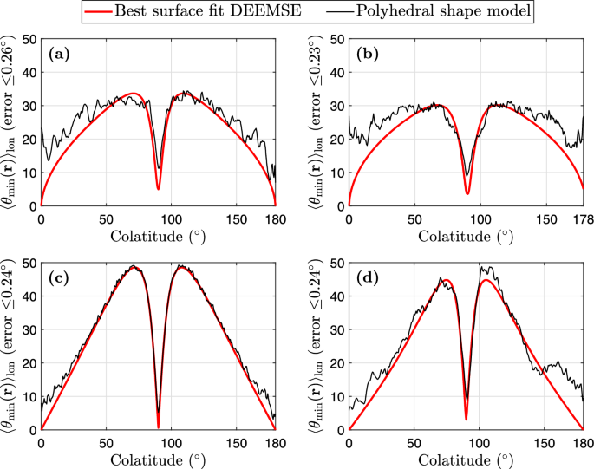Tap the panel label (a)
pos(60,54)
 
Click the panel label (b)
pos(369,54)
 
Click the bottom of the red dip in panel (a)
pos(158,188)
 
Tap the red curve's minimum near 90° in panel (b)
pos(467,193)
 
